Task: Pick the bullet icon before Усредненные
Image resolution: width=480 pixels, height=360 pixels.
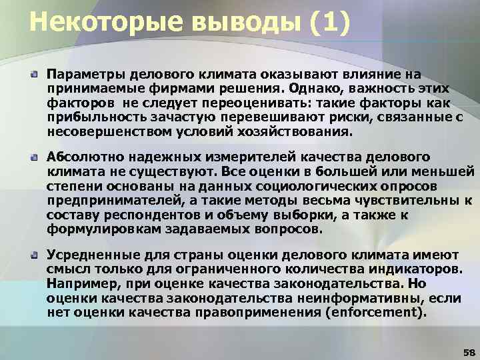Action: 33,254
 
